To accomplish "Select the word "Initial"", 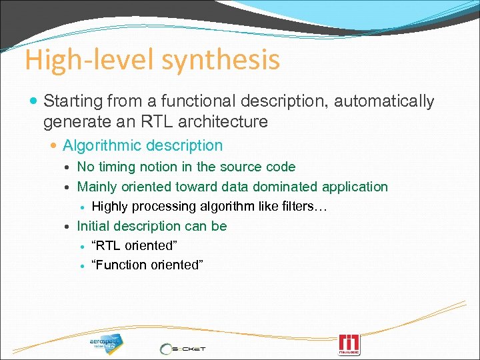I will coord(97,226).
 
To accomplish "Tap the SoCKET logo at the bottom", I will coord(183,348).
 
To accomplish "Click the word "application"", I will coord(357,187).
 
